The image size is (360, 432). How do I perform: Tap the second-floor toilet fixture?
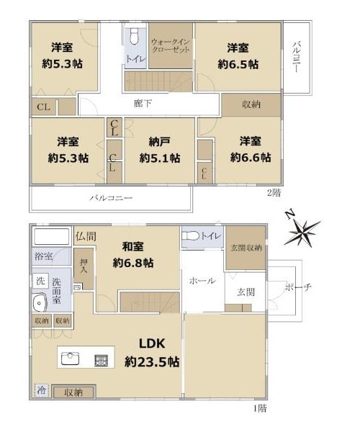point(134,37)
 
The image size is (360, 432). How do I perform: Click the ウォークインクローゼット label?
point(171,46)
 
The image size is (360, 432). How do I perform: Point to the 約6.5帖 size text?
point(238,65)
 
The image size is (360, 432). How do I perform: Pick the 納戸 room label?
point(159,142)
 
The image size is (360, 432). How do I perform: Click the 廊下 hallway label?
point(143,103)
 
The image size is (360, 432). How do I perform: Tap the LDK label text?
point(152,343)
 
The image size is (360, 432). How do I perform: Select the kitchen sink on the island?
point(71,359)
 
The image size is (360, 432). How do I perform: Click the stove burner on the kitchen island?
point(101,361)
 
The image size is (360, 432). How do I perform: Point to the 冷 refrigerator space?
point(42,390)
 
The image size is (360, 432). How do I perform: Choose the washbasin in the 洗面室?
point(40,303)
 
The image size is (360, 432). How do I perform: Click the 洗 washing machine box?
point(40,281)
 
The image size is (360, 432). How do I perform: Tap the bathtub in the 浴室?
point(51,236)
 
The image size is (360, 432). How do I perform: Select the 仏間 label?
point(86,236)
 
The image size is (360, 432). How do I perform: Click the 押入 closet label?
point(84,266)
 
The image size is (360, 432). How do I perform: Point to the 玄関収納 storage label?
point(246,248)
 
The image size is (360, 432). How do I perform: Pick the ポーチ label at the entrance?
point(298,287)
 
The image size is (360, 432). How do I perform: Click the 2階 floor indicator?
point(274,192)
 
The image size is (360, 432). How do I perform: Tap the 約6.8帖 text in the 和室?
point(133,263)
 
